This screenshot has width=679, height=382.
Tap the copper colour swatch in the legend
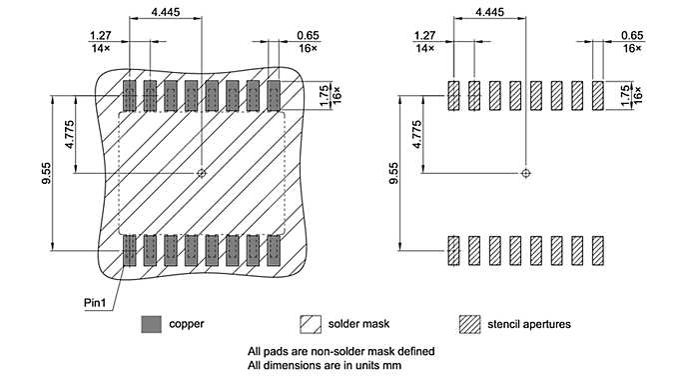[151, 324]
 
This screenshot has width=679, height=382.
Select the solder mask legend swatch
[310, 324]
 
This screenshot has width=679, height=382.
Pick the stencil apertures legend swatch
[468, 324]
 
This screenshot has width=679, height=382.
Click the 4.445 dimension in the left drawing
[166, 12]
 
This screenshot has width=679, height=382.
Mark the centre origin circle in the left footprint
[201, 173]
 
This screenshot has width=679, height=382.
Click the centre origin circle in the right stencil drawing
[525, 173]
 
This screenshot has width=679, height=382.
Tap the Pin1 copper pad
[129, 250]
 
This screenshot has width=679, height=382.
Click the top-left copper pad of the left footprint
[129, 96]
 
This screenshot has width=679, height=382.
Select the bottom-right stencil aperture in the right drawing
[598, 250]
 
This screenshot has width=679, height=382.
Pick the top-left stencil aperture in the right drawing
[452, 96]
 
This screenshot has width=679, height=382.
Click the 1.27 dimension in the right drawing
[424, 35]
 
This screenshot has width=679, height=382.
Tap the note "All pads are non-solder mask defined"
[340, 351]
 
